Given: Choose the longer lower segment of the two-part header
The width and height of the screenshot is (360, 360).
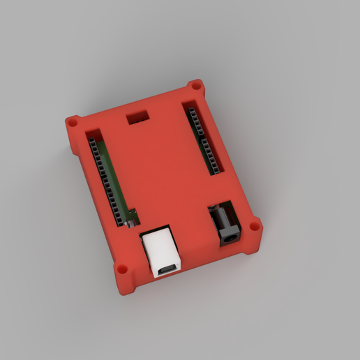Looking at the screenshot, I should [210, 154].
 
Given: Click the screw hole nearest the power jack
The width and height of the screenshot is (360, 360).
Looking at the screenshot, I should [256, 227].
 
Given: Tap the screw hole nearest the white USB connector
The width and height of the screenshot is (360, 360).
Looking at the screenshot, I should [122, 268].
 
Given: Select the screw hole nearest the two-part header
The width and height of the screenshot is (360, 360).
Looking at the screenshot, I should [196, 86].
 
